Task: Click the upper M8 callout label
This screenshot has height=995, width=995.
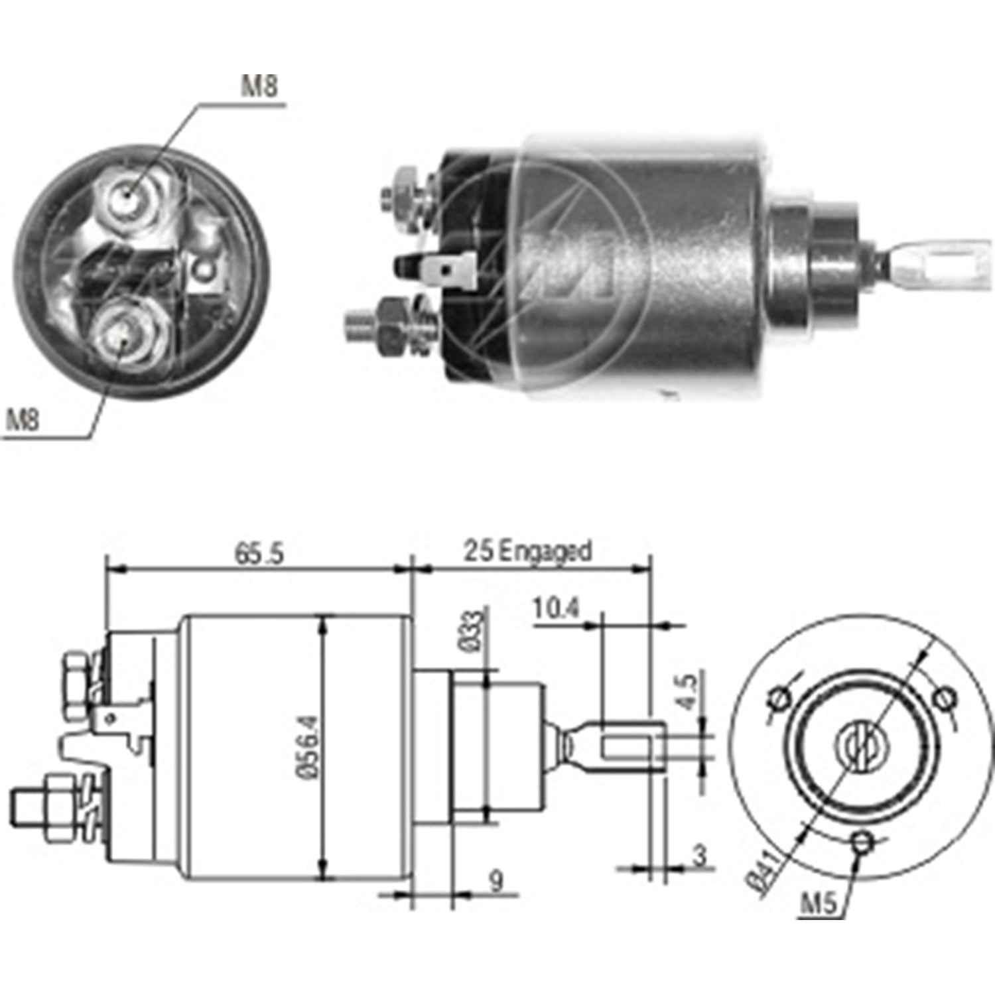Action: point(259,86)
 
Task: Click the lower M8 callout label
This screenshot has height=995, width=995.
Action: point(23,419)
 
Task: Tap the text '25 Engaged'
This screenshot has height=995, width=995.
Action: point(527,551)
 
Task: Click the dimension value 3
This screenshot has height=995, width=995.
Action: point(700,856)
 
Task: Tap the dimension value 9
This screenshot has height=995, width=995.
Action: point(496,881)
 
